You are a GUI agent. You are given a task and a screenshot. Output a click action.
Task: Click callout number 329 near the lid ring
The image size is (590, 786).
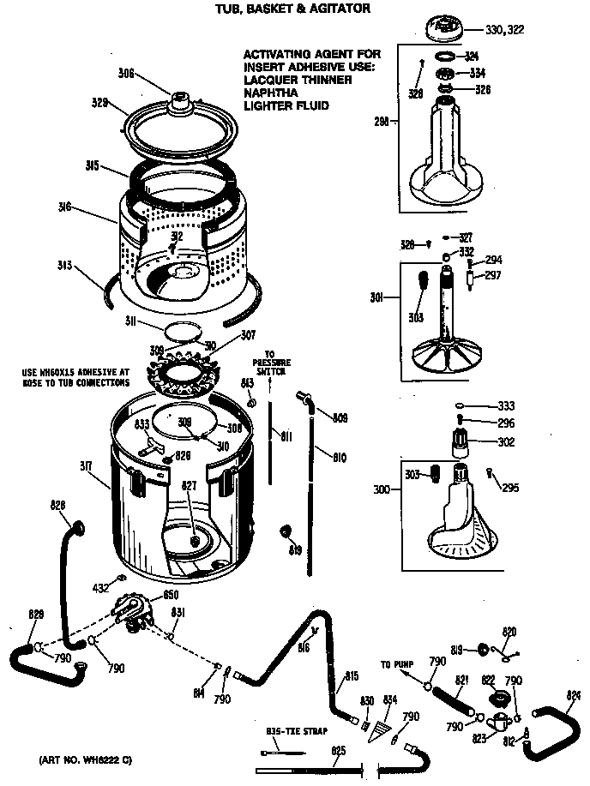pyautogui.click(x=99, y=103)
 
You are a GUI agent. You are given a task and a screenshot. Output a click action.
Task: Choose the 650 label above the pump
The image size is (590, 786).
pyautogui.click(x=170, y=594)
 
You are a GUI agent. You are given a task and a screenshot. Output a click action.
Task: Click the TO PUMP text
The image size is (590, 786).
pyautogui.click(x=397, y=664)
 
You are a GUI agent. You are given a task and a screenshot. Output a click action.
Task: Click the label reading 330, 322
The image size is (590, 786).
pyautogui.click(x=504, y=30)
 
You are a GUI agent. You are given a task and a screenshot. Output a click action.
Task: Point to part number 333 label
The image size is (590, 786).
pyautogui.click(x=506, y=406)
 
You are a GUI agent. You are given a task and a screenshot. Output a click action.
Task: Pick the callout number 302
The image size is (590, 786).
pyautogui.click(x=506, y=442)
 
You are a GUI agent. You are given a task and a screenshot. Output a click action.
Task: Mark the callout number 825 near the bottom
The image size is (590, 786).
pyautogui.click(x=339, y=751)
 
